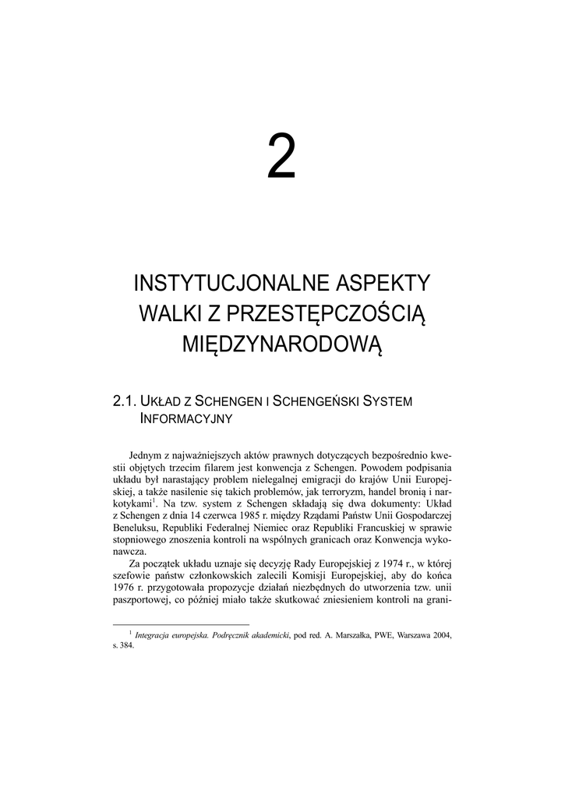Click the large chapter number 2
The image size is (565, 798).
282,157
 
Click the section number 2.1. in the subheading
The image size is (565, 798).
125,401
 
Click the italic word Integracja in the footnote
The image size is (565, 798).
157,635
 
